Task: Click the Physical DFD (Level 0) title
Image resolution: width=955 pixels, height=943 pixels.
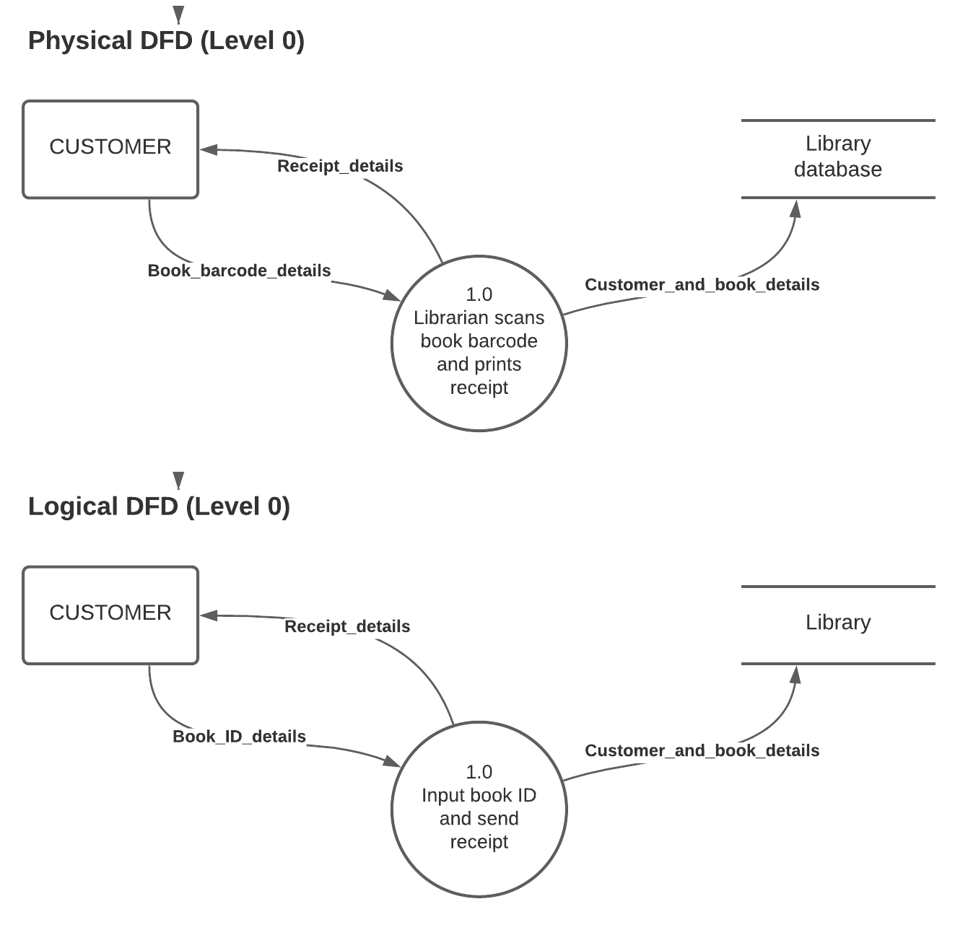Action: coord(166,40)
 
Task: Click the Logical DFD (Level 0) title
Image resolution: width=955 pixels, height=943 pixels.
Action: coord(159,506)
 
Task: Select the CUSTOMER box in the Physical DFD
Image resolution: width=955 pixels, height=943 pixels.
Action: coord(110,149)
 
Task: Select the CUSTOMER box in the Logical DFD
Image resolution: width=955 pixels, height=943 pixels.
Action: coord(110,615)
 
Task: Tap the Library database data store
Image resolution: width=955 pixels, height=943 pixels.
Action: coord(838,157)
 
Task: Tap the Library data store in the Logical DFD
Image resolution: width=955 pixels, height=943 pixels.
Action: coord(838,623)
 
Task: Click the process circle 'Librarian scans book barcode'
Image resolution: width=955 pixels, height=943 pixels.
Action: coord(479,343)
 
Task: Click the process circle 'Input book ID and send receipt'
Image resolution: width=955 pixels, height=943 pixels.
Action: coord(479,809)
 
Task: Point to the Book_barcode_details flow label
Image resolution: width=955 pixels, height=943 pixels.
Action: coord(239,271)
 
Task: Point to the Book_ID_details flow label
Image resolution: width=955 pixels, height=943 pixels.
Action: coord(239,737)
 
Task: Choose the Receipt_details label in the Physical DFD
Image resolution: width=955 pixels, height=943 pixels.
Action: coord(340,166)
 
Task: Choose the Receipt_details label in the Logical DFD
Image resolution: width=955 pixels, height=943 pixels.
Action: coord(347,626)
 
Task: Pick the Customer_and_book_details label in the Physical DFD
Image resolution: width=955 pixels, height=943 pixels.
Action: coord(702,285)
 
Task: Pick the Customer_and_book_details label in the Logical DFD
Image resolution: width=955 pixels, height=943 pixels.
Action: coord(702,751)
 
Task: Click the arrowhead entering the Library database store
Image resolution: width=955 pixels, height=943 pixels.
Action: coord(795,209)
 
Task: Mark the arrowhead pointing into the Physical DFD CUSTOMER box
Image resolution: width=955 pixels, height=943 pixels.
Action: coord(209,150)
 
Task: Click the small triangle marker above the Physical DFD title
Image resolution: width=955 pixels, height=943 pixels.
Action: coord(178,14)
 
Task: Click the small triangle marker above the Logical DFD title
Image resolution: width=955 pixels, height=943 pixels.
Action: coord(178,480)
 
